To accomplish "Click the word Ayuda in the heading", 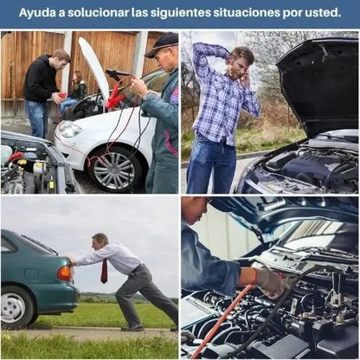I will (x=39, y=14).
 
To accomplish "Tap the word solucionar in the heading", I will (x=94, y=14).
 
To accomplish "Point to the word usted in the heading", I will (x=322, y=14).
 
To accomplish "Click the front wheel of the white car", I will (x=113, y=167).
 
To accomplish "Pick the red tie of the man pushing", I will (x=104, y=270).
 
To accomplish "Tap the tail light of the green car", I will (x=64, y=273).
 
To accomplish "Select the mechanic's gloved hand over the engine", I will (x=271, y=281).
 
